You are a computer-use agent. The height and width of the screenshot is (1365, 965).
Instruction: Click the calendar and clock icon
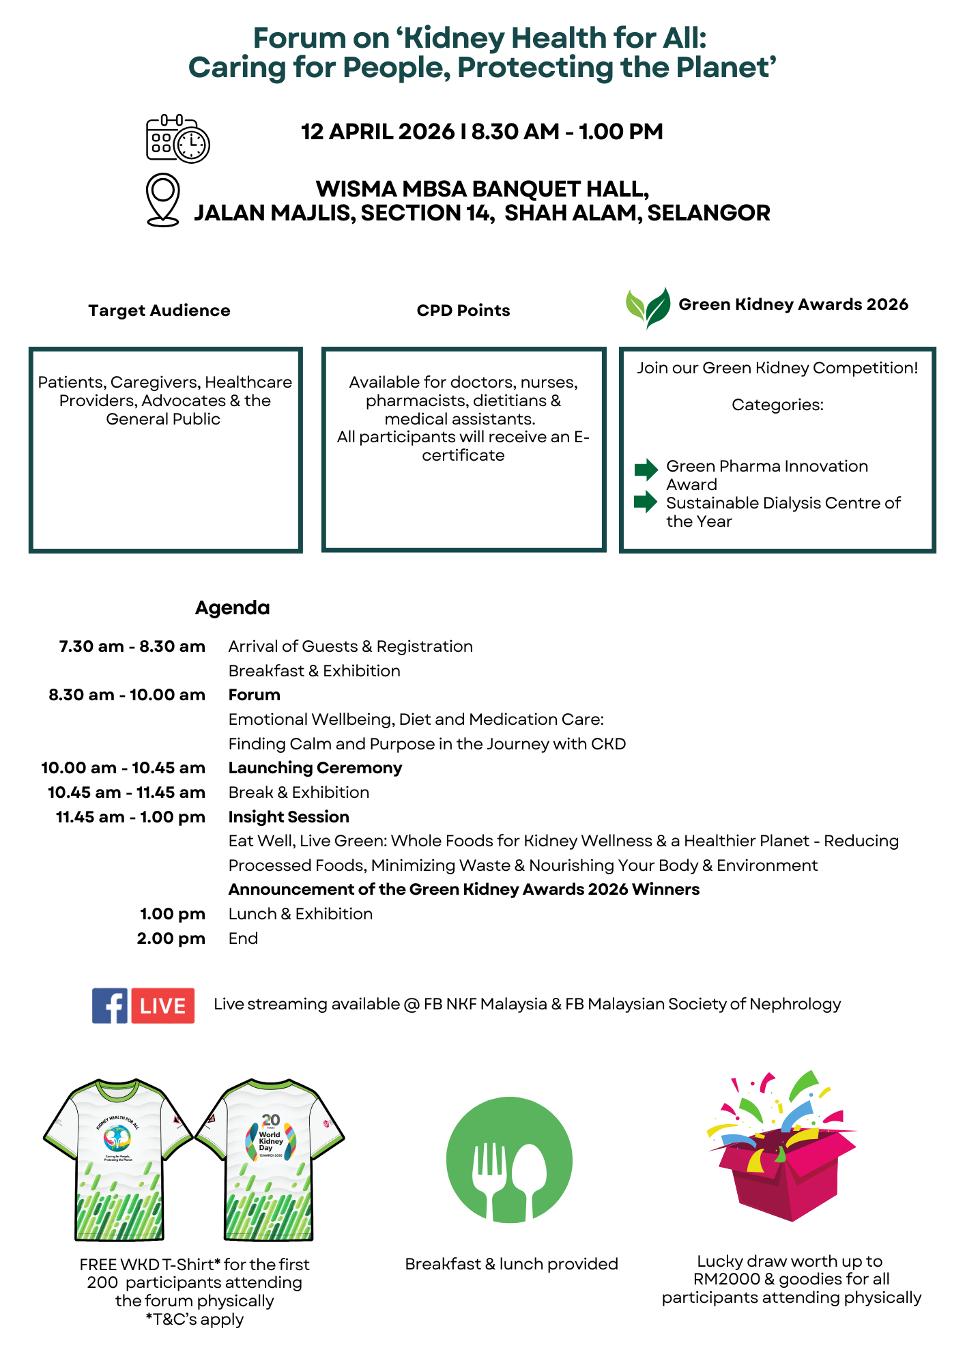click(x=177, y=139)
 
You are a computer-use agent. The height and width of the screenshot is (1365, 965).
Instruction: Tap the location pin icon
click(x=163, y=199)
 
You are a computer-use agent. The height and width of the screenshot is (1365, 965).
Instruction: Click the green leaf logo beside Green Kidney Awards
click(x=648, y=307)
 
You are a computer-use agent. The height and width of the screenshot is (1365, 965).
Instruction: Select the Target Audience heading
click(x=159, y=311)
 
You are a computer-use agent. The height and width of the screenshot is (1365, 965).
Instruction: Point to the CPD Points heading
click(x=463, y=311)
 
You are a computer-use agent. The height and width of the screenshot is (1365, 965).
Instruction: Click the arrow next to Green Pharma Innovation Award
click(x=646, y=469)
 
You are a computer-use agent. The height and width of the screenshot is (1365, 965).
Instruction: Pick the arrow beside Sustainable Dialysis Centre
click(x=646, y=502)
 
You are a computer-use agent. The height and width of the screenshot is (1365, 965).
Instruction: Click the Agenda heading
click(x=232, y=607)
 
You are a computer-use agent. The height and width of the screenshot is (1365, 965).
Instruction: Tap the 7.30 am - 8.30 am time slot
click(x=132, y=646)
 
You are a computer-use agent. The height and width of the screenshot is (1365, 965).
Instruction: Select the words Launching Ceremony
click(x=315, y=768)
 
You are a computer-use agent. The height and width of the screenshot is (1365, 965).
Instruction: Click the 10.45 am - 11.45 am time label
click(x=126, y=792)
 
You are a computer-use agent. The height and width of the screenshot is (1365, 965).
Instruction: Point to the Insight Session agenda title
click(x=289, y=817)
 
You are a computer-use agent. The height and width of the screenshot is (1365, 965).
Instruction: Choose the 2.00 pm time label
click(x=171, y=938)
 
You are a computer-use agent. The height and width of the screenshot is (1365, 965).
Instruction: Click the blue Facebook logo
click(x=109, y=1005)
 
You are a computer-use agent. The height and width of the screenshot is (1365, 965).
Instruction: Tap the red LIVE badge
click(x=163, y=1005)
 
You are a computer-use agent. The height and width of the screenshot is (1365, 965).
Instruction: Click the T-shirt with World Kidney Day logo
click(x=270, y=1160)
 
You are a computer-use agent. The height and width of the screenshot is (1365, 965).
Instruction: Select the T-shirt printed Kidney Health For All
click(x=118, y=1160)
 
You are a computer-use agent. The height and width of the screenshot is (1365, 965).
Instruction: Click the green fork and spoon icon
click(x=509, y=1160)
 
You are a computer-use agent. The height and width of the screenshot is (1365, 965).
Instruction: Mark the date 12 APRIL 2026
click(x=377, y=132)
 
